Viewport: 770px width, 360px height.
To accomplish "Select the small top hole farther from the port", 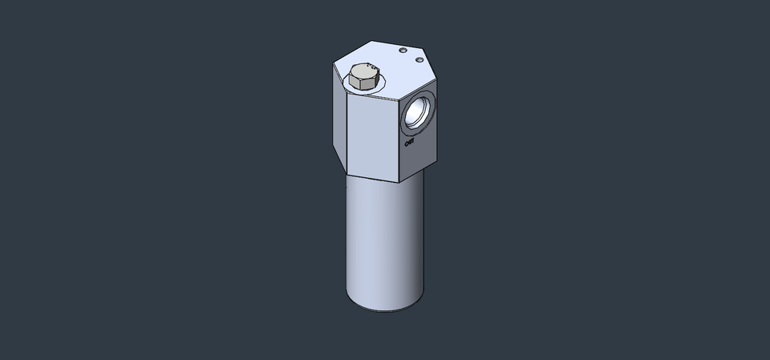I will [402, 50].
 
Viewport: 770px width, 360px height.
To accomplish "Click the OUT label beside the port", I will [409, 143].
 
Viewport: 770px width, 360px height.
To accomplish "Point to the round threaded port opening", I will [418, 111].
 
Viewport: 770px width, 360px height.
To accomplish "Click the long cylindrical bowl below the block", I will [383, 241].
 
